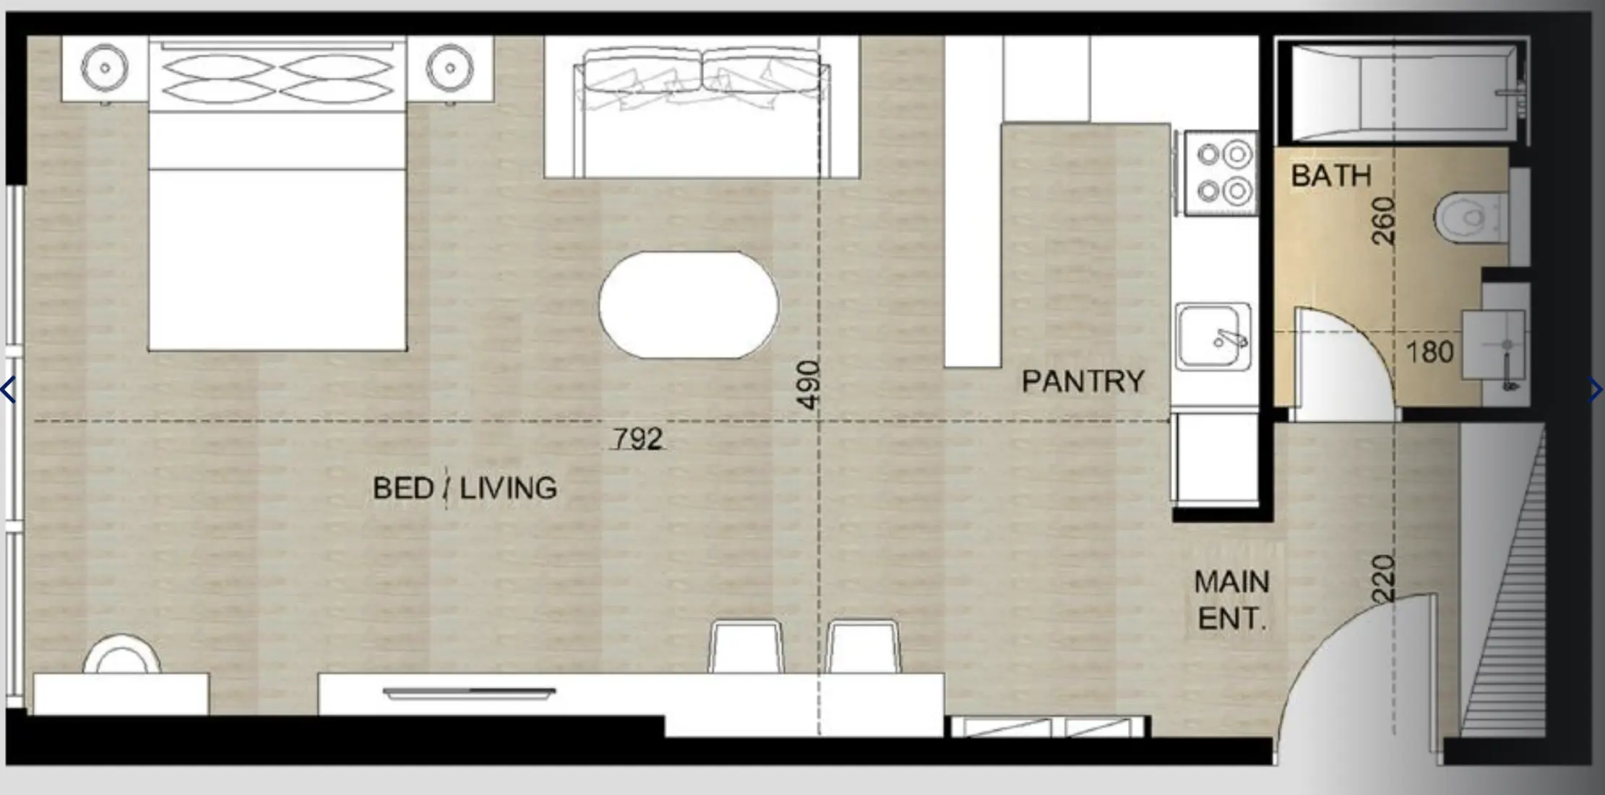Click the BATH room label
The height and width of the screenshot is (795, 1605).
[1330, 176]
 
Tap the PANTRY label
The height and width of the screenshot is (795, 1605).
[1083, 382]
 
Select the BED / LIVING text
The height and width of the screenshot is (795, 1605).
[465, 489]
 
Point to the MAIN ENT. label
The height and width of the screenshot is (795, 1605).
[1231, 600]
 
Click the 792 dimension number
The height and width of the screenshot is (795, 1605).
[637, 439]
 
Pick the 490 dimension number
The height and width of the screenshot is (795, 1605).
[809, 384]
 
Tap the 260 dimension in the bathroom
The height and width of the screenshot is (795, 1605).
[1382, 221]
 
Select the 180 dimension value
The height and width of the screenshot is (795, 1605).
[1429, 353]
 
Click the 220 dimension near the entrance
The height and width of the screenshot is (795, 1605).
[1382, 578]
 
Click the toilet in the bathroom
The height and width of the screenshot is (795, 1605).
[1470, 217]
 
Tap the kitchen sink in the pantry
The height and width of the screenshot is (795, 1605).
[1213, 336]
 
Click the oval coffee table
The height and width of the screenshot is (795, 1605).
[688, 305]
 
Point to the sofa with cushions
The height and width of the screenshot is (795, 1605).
[701, 108]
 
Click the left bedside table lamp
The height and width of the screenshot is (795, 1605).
[105, 68]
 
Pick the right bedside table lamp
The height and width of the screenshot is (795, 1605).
[449, 68]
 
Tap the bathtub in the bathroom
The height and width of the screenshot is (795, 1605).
[1402, 93]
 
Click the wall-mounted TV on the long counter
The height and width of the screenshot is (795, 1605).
[468, 693]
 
